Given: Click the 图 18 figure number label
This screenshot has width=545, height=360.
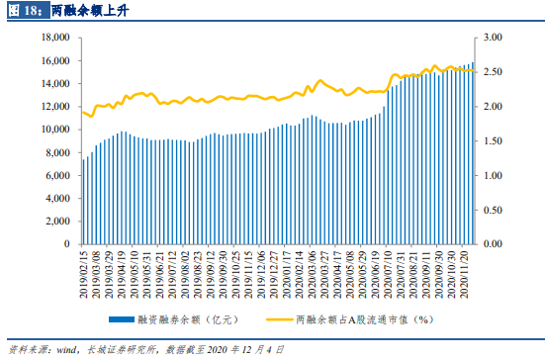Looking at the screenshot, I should [x=27, y=12].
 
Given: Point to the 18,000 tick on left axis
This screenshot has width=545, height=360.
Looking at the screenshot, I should [x=50, y=38].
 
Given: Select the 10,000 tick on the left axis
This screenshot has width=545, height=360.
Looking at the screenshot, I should [x=50, y=130].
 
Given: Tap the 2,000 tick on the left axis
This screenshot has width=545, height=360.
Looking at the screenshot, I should [x=53, y=221].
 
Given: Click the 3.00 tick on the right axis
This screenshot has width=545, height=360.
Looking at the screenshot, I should [x=494, y=38].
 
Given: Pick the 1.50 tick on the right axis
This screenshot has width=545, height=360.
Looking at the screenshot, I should [x=494, y=140].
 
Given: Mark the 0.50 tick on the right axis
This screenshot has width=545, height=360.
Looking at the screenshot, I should [x=494, y=210].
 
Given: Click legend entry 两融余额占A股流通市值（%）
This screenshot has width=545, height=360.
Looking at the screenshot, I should [x=367, y=319].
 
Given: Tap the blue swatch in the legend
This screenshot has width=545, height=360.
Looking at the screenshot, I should [x=132, y=319].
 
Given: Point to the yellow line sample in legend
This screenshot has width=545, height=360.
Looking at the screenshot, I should [x=281, y=319].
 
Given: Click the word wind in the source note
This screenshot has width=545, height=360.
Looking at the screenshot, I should [x=70, y=349].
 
